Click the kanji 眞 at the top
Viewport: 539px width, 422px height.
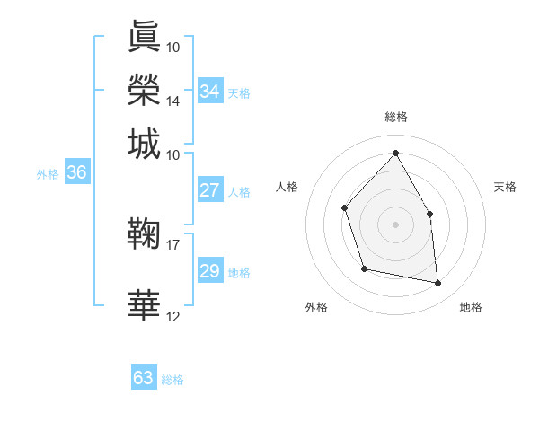145,36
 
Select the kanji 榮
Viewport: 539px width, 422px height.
145,90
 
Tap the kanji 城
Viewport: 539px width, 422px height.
145,144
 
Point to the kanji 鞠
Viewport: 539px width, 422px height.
145,233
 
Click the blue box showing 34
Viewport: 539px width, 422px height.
210,92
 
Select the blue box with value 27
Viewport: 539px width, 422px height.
210,190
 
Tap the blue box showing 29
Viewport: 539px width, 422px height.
210,272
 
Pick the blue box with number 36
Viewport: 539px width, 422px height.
76,173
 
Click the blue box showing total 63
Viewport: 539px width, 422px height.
144,378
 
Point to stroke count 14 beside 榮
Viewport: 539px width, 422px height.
172,101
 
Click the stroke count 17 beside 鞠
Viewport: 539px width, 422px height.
172,243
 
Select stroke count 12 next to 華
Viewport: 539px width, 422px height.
172,316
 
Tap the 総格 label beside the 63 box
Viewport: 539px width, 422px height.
172,380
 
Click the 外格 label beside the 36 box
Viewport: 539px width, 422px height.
48,174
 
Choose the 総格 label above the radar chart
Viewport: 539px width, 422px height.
395,117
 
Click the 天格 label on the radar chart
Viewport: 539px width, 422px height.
506,187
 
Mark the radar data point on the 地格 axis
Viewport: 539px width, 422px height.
438,284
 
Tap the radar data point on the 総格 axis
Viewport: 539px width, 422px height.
395,153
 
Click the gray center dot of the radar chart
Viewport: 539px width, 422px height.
395,224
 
